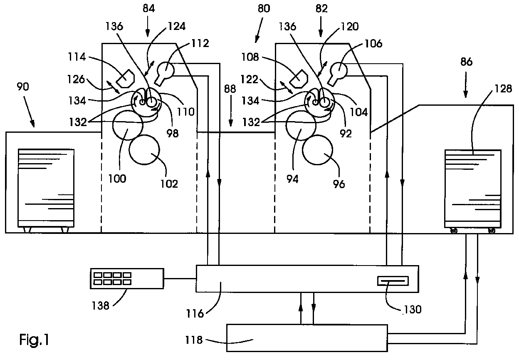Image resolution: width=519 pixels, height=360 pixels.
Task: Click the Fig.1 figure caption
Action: (34, 340)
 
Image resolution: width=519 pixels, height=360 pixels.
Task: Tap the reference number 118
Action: (194, 340)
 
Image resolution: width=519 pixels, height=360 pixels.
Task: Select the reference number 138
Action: (100, 305)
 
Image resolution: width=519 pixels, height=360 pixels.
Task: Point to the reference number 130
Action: (413, 309)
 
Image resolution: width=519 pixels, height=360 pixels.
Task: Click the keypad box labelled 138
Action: (127, 278)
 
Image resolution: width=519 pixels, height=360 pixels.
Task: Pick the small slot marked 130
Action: (393, 281)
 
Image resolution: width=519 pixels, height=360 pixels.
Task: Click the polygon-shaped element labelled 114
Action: (125, 78)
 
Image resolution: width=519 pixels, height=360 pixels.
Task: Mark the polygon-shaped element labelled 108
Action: (299, 78)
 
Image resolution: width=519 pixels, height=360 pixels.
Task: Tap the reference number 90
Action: (23, 87)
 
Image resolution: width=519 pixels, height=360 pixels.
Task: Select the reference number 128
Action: (503, 89)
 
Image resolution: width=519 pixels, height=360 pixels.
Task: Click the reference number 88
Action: (230, 89)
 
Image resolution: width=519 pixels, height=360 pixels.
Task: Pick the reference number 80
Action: (264, 9)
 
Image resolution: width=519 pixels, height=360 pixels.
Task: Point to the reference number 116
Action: (195, 314)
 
